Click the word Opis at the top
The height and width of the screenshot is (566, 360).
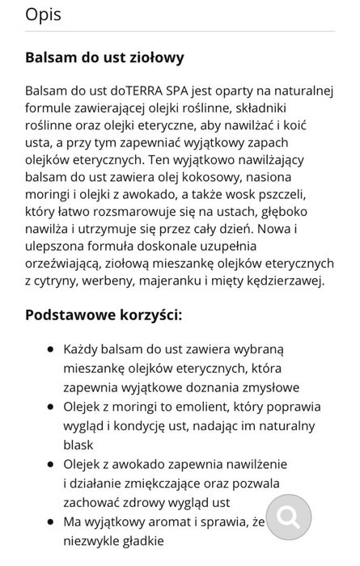click(x=43, y=15)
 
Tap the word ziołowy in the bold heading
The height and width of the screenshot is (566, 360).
click(x=152, y=57)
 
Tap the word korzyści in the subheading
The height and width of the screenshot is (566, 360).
click(x=153, y=314)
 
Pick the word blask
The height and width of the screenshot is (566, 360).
click(x=80, y=444)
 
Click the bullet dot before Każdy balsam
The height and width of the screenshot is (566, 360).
click(x=50, y=348)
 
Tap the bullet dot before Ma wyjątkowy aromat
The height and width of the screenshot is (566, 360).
click(x=50, y=522)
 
